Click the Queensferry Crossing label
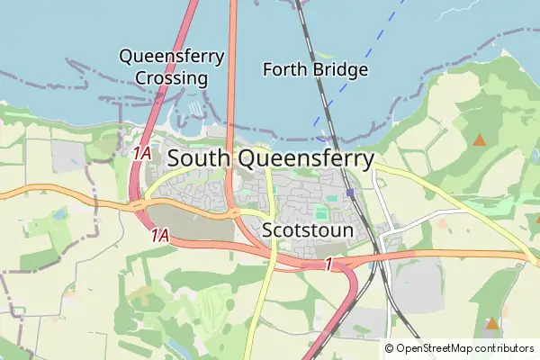point(172,67)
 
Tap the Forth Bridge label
point(315,69)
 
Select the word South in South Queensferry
point(199,159)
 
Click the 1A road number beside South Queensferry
point(141,154)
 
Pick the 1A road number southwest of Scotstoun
point(159,236)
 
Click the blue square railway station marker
point(350,193)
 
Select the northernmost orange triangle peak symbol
point(480,139)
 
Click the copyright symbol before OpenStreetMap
point(389,348)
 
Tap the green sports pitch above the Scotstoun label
point(320,214)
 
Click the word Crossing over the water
point(172,78)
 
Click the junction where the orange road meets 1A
point(138,206)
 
